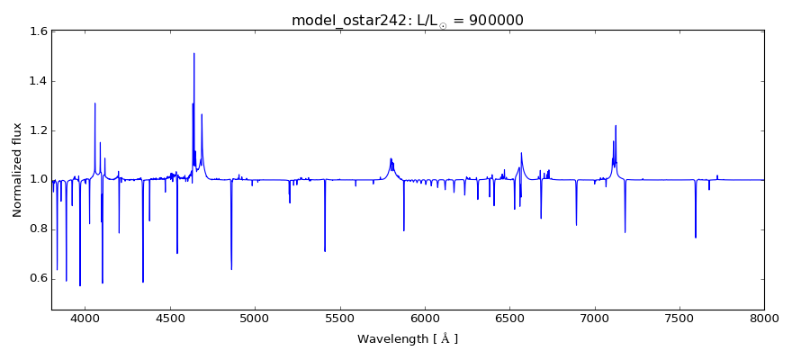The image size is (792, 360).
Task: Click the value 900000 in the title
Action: pyautogui.click(x=493, y=21)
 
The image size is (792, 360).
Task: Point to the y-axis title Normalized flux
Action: pyautogui.click(x=18, y=170)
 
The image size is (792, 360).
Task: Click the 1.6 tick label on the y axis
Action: pyautogui.click(x=38, y=32)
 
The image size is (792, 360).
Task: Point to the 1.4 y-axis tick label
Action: pyautogui.click(x=38, y=82)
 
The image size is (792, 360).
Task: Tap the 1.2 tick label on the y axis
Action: pyautogui.click(x=38, y=130)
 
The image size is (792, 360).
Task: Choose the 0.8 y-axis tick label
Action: pyautogui.click(x=38, y=229)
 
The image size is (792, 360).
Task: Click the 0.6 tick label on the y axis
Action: pyautogui.click(x=38, y=278)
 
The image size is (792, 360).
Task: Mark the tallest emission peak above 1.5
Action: pyautogui.click(x=193, y=53)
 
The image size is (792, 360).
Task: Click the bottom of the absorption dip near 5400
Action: pyautogui.click(x=325, y=251)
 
